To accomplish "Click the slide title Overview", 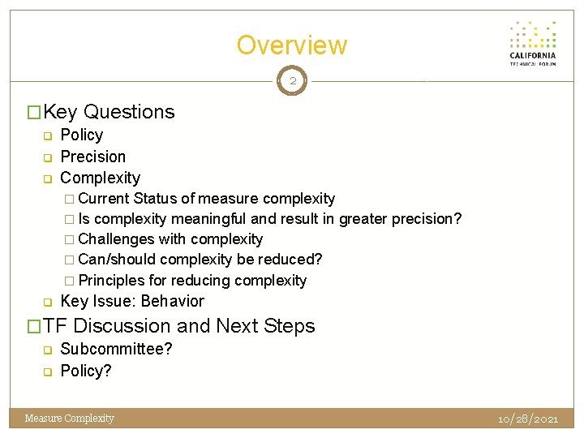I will (291, 45).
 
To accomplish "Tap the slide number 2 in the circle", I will (292, 81).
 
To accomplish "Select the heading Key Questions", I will (109, 112).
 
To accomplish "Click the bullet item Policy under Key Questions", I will (82, 135).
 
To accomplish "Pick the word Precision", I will (93, 157).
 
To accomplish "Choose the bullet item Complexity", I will (101, 178).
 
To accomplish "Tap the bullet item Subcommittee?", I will (117, 350).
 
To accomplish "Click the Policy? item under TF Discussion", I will (86, 371).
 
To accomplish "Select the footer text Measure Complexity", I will (70, 419).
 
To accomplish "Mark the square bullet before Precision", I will (47, 157).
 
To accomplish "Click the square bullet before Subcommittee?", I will (47, 350).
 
